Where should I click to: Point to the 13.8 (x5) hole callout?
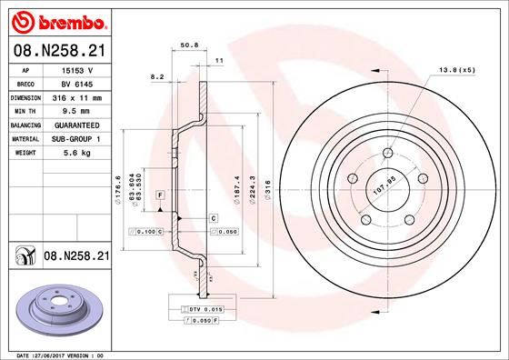tap(457, 70)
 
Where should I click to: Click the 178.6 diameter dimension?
tap(120, 188)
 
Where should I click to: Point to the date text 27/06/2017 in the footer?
tap(58, 354)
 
